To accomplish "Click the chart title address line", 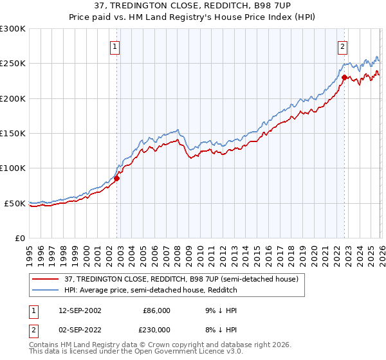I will tap(193, 6).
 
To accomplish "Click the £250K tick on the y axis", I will tap(13, 64).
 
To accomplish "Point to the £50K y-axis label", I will tap(15, 203).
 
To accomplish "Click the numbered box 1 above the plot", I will tap(115, 46).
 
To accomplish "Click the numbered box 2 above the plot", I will tap(343, 46).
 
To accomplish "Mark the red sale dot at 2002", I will tap(117, 179).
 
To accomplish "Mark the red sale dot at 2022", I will tap(344, 78).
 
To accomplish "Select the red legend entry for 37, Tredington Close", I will tap(181, 280).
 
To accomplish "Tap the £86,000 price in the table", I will tap(156, 310).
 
